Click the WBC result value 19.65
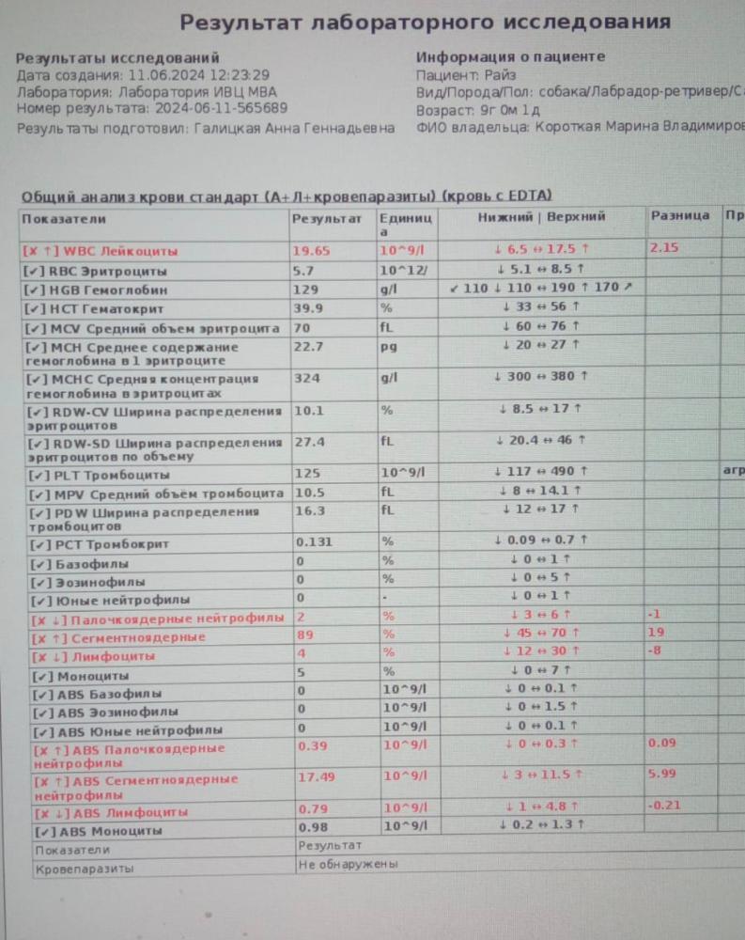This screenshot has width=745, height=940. click(313, 251)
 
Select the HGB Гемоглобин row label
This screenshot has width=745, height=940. click(103, 290)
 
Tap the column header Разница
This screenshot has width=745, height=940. click(679, 216)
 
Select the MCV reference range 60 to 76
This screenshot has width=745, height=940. click(541, 326)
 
